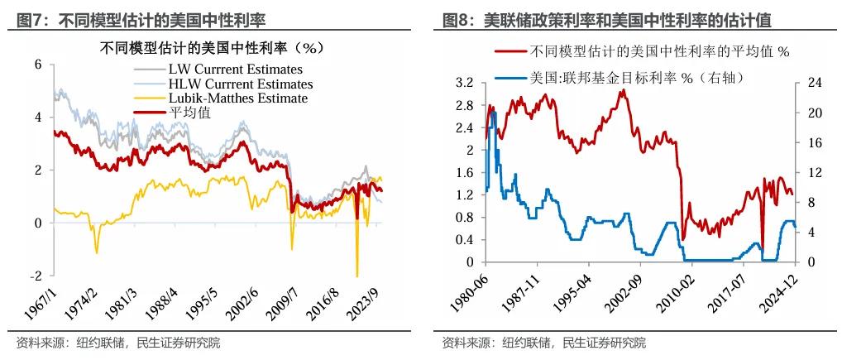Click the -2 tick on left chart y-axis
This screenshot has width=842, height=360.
pos(36,276)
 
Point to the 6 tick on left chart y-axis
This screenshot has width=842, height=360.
pos(38,64)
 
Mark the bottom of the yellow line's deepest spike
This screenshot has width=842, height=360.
pos(357,276)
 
